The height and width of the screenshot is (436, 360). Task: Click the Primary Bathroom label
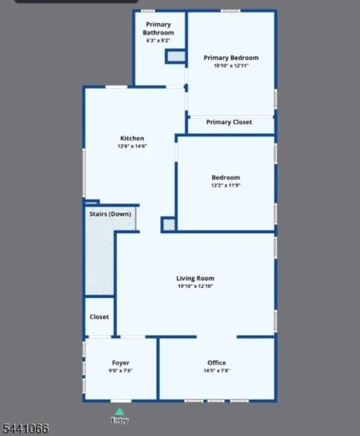(158, 28)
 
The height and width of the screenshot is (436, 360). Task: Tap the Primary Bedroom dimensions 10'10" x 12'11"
(231, 66)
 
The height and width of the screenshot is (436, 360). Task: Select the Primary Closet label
(229, 122)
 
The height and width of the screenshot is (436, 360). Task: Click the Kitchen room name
(132, 138)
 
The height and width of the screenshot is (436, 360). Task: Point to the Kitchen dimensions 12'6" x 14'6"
(132, 146)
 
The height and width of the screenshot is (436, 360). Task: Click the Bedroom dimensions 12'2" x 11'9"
(225, 185)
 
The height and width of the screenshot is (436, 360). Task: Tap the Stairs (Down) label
(110, 214)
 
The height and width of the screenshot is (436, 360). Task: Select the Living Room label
(195, 278)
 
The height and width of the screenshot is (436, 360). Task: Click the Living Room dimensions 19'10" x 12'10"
(195, 286)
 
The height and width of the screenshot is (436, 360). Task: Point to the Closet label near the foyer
(99, 317)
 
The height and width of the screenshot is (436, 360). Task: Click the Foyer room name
(120, 363)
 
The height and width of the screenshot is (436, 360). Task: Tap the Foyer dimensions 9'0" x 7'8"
(120, 370)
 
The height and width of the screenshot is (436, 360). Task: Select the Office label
(217, 363)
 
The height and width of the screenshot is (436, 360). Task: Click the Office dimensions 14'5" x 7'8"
(217, 370)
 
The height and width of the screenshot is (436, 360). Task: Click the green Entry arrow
(120, 412)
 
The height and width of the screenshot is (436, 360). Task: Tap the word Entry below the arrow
(120, 421)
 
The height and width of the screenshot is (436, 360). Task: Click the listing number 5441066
(26, 429)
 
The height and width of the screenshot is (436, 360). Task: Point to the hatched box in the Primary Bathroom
(176, 56)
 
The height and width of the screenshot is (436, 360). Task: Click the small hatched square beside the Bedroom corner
(169, 225)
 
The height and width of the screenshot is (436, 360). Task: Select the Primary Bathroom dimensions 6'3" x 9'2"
(158, 41)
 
